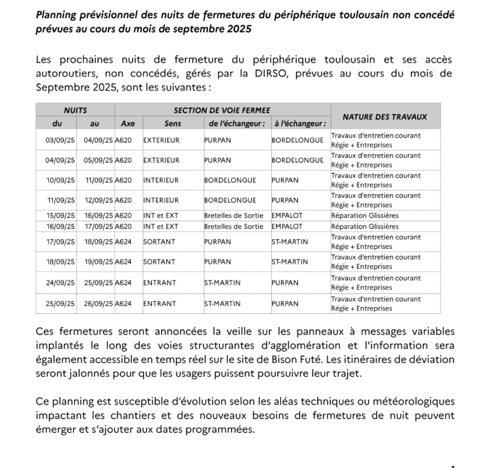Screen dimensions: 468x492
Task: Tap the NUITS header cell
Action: tap(75, 110)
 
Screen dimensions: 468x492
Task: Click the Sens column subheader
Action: tap(173, 123)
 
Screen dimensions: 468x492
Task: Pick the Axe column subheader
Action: tap(128, 123)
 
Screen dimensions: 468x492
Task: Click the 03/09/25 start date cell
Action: tap(60, 140)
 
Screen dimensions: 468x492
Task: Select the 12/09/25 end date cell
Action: tap(98, 200)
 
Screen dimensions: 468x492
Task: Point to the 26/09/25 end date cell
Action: tap(98, 303)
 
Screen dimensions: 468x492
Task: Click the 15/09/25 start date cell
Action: tap(60, 216)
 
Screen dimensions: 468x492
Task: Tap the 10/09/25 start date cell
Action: tap(60, 180)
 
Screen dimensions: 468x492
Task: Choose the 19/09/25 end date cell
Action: tap(98, 262)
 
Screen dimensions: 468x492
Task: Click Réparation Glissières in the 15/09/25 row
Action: tap(365, 216)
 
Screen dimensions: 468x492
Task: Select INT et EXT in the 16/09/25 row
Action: tap(161, 226)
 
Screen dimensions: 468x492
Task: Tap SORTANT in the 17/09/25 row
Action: tap(159, 241)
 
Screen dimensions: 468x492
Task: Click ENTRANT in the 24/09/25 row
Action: tap(159, 283)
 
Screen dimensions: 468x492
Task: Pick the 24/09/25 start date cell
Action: tap(60, 283)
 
